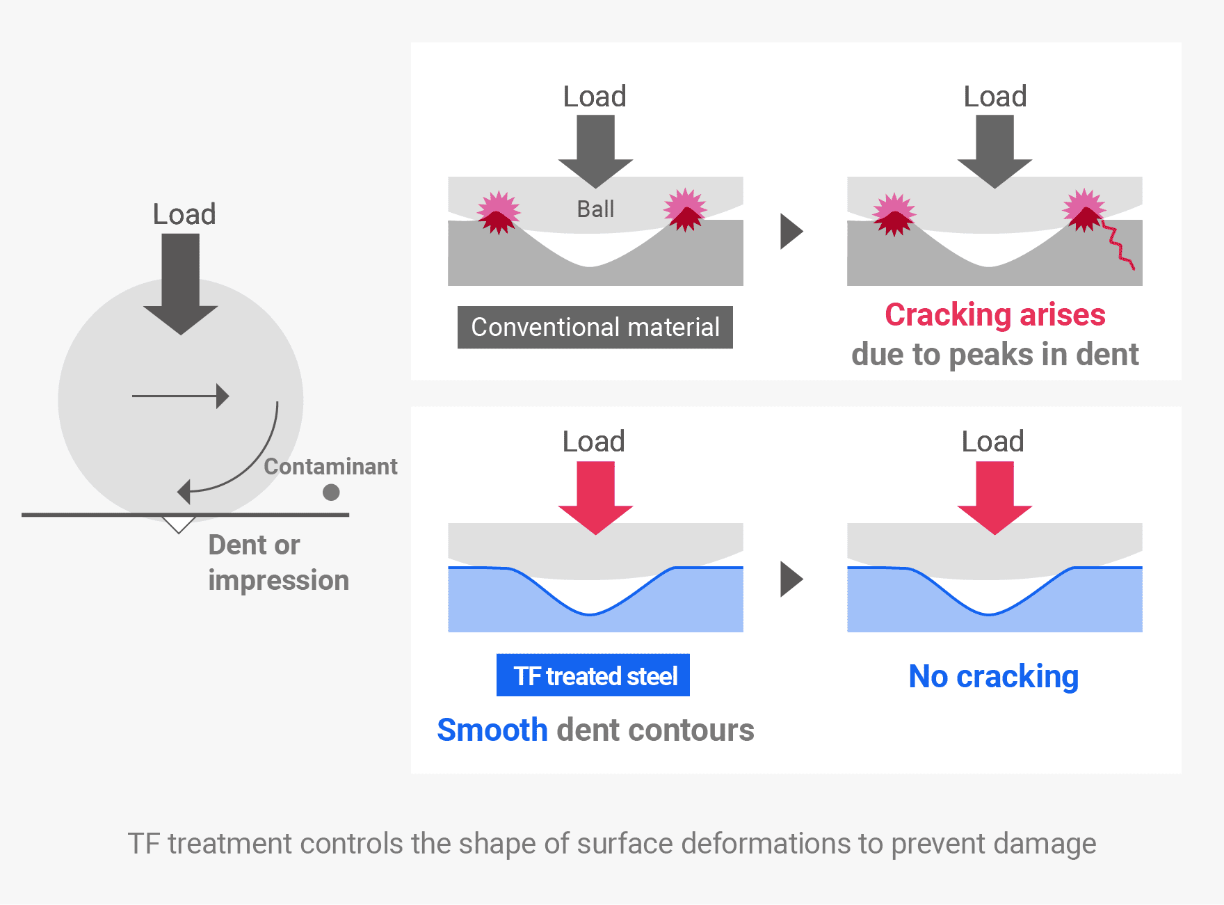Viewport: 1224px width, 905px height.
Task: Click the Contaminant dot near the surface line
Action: pos(331,492)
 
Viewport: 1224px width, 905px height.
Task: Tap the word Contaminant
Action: pos(330,466)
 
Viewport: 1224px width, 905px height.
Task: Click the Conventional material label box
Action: pos(595,327)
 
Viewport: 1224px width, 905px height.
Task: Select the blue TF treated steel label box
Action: pos(593,675)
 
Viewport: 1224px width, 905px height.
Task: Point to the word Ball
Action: pos(595,209)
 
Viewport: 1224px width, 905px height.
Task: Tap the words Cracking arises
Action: pos(994,314)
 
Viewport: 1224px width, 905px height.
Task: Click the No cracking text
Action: pos(993,676)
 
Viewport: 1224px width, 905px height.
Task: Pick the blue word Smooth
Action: pos(492,730)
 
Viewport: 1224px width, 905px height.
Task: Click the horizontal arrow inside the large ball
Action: pos(181,397)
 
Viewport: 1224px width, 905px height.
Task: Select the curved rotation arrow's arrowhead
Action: pos(184,491)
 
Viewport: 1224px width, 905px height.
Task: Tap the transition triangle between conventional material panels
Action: pos(791,231)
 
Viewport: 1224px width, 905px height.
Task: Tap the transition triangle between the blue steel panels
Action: pos(791,579)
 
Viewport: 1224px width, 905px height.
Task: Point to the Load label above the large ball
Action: pos(184,214)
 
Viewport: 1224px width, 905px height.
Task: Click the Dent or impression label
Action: pos(277,562)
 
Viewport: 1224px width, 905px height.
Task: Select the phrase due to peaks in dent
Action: pos(994,355)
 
